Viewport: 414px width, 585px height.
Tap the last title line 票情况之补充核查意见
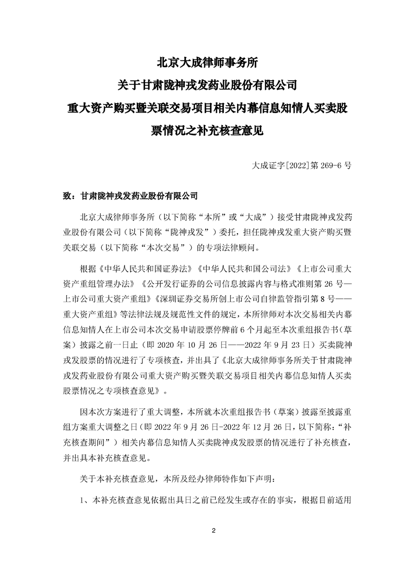[207, 130]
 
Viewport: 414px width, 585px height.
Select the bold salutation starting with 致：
[130, 196]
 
